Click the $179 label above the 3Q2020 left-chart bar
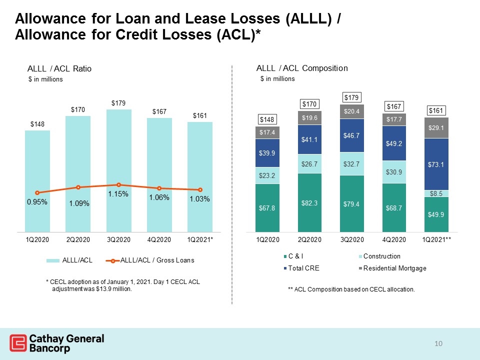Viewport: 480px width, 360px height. click(118, 103)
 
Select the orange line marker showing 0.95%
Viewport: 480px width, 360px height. click(37, 193)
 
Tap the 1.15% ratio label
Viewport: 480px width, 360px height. click(118, 194)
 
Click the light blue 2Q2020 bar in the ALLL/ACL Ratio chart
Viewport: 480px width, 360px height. click(78, 174)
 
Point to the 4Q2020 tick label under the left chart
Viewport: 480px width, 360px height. click(159, 239)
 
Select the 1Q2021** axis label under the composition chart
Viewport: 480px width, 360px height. click(436, 239)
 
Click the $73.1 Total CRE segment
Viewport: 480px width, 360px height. click(436, 164)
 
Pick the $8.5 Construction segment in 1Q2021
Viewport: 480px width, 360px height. click(436, 193)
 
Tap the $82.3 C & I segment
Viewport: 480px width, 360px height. click(309, 202)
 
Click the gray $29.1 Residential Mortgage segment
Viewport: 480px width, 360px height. click(436, 128)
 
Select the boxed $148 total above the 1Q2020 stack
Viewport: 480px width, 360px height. click(267, 119)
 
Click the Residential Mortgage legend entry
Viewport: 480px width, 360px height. click(392, 268)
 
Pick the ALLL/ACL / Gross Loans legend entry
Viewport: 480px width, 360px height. click(150, 260)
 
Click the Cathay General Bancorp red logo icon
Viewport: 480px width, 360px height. click(18, 343)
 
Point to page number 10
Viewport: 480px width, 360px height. click(438, 343)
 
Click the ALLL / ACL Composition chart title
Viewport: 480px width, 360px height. click(302, 68)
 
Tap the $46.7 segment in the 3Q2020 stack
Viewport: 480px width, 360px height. click(351, 135)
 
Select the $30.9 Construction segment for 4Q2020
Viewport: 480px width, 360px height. click(394, 172)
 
